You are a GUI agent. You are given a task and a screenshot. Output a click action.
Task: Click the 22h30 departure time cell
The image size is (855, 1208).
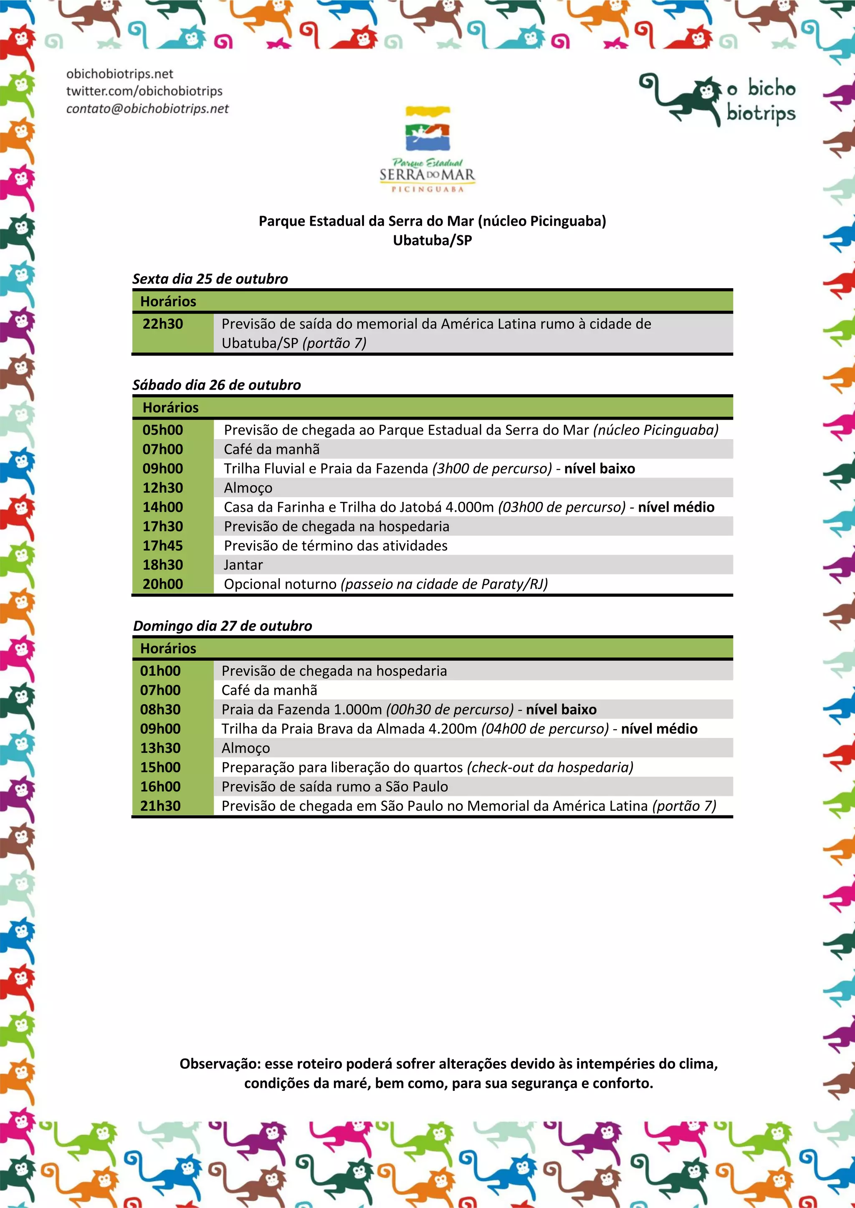click(x=163, y=324)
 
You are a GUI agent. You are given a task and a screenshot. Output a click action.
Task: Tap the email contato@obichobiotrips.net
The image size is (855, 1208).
click(x=147, y=108)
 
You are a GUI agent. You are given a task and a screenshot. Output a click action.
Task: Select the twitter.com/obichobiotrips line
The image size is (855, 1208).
click(x=144, y=91)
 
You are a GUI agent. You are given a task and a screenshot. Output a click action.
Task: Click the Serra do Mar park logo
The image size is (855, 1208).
click(x=427, y=150)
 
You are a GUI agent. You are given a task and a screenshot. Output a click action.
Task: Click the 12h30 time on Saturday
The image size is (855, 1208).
click(x=163, y=488)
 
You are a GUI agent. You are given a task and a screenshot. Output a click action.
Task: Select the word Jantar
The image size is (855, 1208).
click(x=243, y=564)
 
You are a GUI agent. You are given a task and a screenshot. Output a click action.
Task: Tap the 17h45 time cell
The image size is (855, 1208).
click(x=163, y=546)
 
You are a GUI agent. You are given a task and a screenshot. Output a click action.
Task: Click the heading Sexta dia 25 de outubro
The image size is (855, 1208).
click(x=210, y=279)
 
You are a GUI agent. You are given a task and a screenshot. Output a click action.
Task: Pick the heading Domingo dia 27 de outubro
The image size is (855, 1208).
click(x=222, y=626)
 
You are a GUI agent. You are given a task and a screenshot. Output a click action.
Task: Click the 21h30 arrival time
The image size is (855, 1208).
click(x=161, y=805)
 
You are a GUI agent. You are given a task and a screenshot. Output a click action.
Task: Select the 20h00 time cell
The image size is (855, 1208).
click(x=163, y=584)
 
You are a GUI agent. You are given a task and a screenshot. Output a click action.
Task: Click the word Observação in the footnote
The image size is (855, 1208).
click(x=220, y=1064)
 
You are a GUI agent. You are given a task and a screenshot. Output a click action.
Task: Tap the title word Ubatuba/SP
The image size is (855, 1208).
click(x=432, y=240)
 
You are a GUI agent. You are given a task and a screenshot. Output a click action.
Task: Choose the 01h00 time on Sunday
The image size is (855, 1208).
click(x=161, y=671)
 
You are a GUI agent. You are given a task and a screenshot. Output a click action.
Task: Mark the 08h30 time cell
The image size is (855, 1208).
click(x=161, y=709)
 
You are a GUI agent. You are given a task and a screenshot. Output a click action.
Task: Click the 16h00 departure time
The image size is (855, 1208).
click(x=161, y=787)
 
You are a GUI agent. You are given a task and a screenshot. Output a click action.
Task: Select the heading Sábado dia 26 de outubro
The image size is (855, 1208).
click(x=216, y=385)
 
